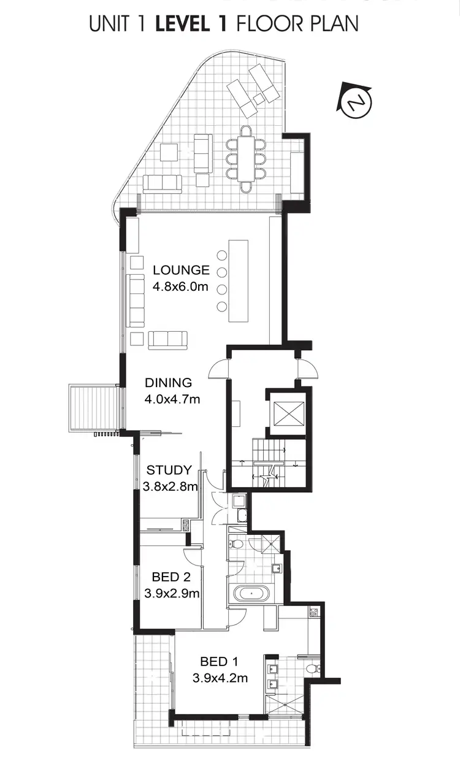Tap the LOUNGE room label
tap(181, 270)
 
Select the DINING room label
tap(168, 383)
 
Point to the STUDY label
tap(169, 470)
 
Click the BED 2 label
tap(171, 577)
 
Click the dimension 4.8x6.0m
tap(181, 286)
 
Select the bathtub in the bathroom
tap(251, 594)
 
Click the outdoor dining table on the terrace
tap(246, 159)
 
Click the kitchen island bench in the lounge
tap(239, 281)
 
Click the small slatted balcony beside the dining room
tap(94, 407)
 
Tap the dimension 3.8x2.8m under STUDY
tap(170, 487)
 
